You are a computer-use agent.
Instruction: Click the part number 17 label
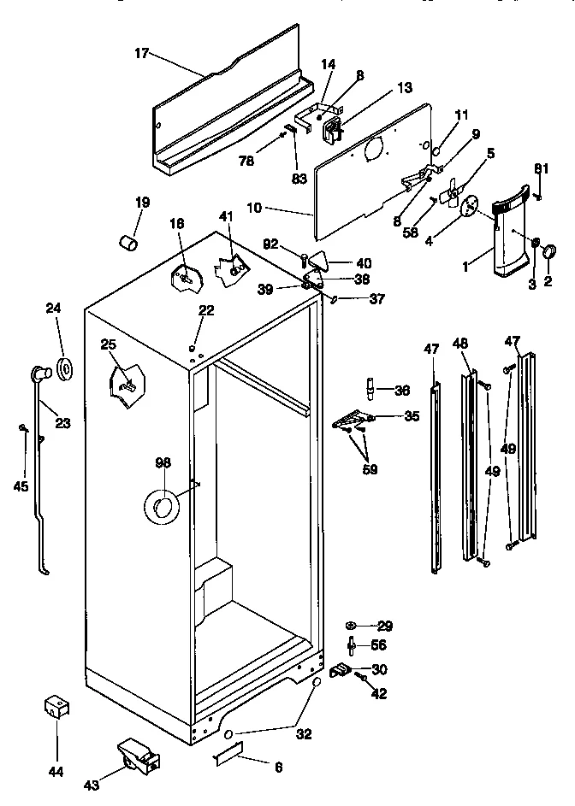142,53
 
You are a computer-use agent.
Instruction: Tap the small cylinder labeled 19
127,244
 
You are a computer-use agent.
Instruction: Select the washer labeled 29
353,626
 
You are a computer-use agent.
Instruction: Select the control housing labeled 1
511,244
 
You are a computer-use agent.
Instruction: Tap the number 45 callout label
21,486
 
